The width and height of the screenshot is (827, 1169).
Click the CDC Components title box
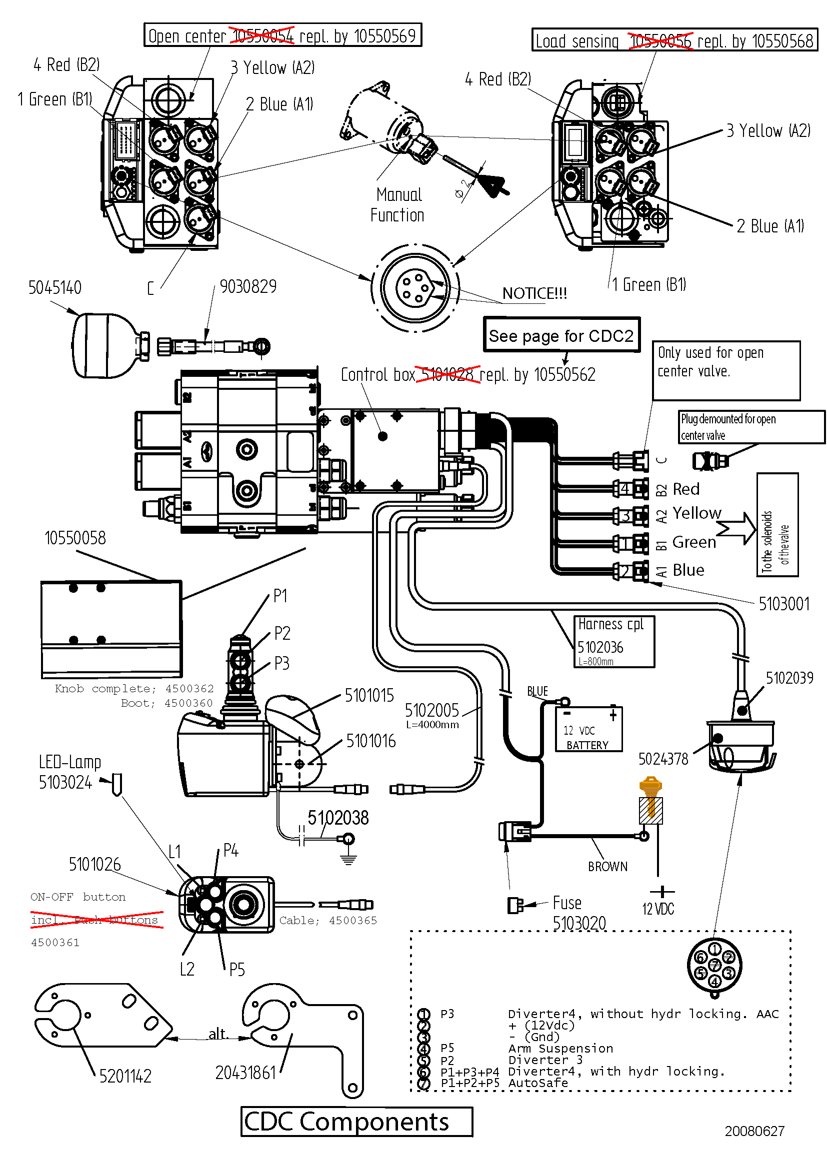click(356, 1121)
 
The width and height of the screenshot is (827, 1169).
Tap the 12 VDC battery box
click(588, 729)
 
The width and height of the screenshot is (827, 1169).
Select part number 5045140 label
click(54, 288)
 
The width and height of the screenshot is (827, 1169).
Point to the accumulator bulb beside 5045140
click(104, 346)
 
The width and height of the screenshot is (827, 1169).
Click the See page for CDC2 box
click(561, 335)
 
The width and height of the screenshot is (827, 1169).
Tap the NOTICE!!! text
click(534, 293)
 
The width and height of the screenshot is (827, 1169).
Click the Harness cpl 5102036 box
click(613, 641)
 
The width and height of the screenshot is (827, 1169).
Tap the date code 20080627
click(754, 1131)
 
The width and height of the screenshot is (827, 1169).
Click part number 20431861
click(245, 1072)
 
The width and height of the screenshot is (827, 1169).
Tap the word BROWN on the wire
click(607, 867)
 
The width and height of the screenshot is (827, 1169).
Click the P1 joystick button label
click(280, 596)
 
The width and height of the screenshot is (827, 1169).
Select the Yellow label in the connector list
click(696, 513)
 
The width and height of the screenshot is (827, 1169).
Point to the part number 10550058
click(75, 538)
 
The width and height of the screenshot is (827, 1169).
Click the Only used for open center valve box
click(725, 370)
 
